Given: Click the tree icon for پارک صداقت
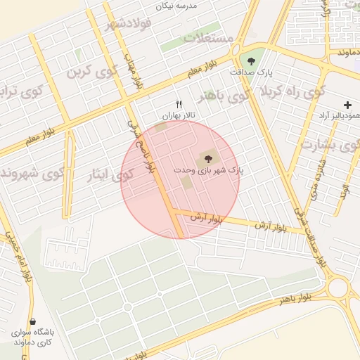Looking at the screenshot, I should point(252,60).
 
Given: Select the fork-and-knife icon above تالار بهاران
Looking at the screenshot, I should point(179,105).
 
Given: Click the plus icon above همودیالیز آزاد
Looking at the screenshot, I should point(347,105).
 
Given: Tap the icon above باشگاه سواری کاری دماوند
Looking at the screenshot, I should point(32,322).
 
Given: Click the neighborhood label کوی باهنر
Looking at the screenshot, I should point(222,95).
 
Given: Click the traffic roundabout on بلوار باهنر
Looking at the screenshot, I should point(338,287).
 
